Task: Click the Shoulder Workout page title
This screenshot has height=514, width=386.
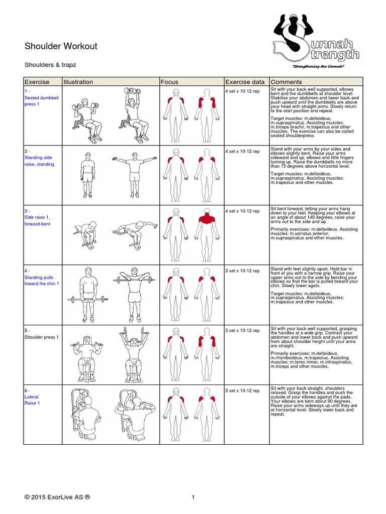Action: [x=61, y=47]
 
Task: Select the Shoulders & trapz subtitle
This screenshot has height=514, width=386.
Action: [x=50, y=65]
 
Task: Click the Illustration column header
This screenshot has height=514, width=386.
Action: [x=78, y=82]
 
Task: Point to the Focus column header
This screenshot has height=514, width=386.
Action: [x=169, y=82]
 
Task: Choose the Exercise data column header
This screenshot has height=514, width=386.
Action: [x=245, y=82]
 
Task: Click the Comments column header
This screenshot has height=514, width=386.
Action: [x=286, y=82]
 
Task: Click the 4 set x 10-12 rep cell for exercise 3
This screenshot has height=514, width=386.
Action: [x=242, y=211]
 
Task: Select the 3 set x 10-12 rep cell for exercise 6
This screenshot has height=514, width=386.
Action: [x=242, y=391]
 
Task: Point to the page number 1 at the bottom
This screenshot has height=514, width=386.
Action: [x=192, y=497]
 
